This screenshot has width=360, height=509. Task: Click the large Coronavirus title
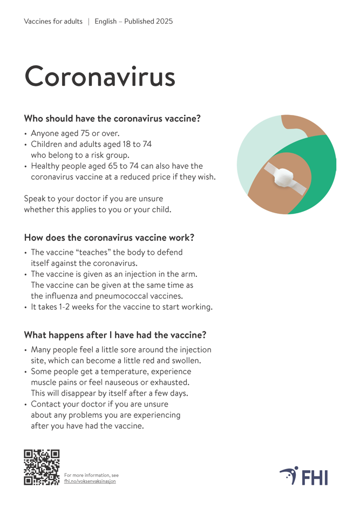[x=100, y=76]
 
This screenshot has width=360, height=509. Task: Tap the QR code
[x=42, y=467]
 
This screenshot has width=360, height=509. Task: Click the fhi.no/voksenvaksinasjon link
[x=90, y=481]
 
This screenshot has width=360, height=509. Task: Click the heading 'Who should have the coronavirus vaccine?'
[x=112, y=118]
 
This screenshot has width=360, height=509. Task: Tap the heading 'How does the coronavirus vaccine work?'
[x=109, y=237]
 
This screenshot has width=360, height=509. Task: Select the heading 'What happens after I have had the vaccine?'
[x=115, y=335]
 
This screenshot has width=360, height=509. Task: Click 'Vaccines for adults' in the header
[x=53, y=22]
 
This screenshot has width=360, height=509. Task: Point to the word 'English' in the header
[x=106, y=22]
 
